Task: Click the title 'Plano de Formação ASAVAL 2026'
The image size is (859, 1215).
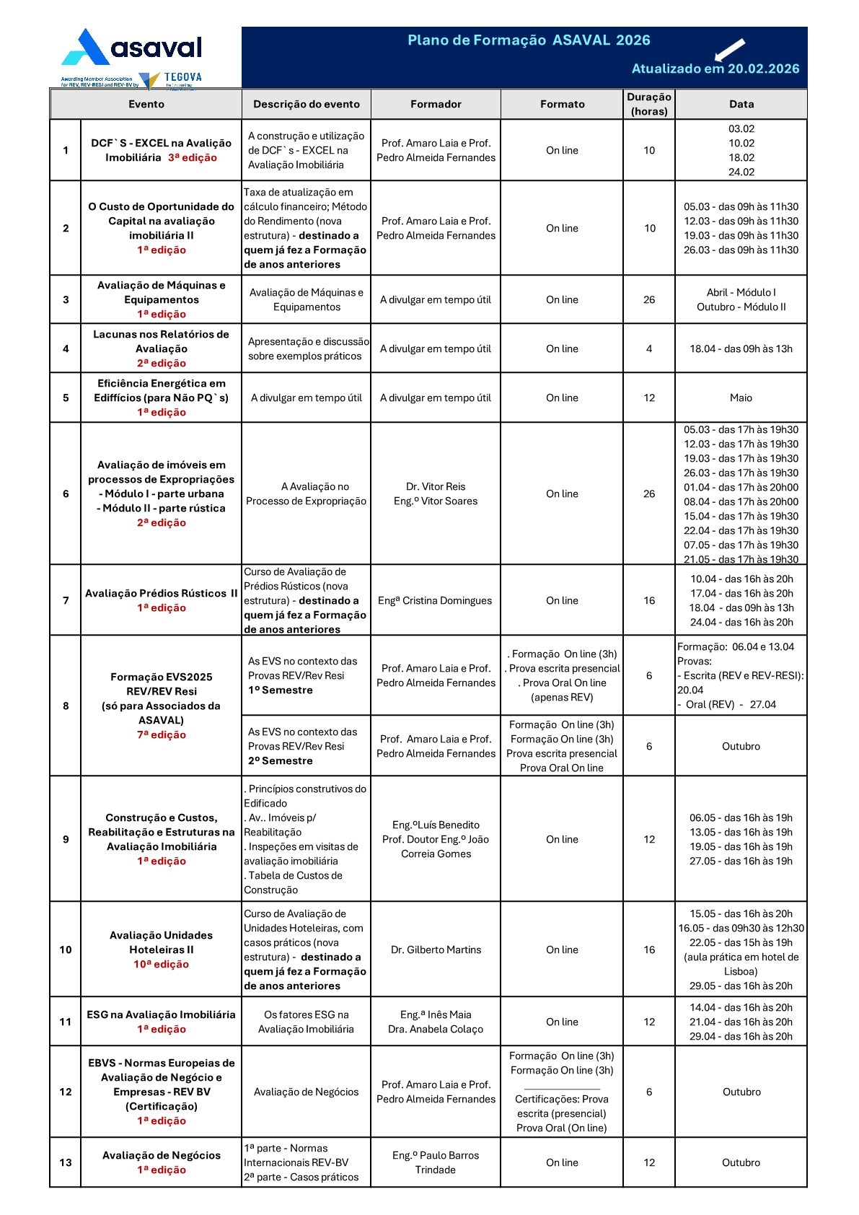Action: (x=529, y=40)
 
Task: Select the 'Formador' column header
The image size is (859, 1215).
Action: (x=436, y=105)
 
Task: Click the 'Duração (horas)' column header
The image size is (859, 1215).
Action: (x=648, y=104)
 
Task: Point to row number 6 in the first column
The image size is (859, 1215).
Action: (x=66, y=494)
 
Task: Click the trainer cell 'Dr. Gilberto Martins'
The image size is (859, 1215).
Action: (x=436, y=950)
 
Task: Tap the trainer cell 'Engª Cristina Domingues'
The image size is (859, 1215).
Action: (x=435, y=601)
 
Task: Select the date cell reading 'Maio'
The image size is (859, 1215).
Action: (x=741, y=398)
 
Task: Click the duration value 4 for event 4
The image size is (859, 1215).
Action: (x=649, y=349)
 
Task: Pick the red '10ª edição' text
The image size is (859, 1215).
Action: (x=161, y=965)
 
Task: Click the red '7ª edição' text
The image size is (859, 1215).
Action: (x=162, y=735)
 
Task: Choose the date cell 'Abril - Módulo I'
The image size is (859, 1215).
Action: (x=741, y=293)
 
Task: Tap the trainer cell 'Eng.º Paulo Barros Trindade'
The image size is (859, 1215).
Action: (x=436, y=1163)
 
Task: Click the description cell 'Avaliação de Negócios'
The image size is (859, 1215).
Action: (x=306, y=1092)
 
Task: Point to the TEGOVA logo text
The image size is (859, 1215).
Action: (x=182, y=77)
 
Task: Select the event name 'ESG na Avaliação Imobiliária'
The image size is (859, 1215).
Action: (x=161, y=1015)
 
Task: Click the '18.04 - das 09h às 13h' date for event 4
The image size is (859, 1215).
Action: (x=741, y=349)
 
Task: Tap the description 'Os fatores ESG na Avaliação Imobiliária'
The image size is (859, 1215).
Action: (x=306, y=1022)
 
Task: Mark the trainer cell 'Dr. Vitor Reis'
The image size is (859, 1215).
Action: (x=436, y=487)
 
